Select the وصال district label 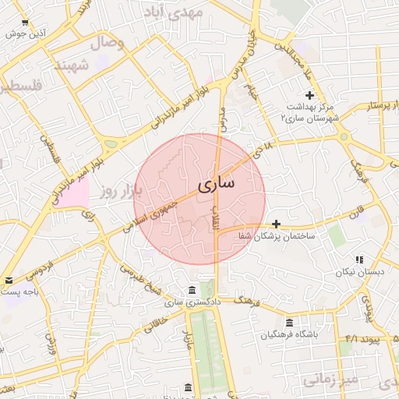point(108,43)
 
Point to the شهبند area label point(69,65)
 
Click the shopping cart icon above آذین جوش point(26,22)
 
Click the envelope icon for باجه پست point(9,280)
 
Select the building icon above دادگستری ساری point(192,291)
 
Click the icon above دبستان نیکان point(358,260)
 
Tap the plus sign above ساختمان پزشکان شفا point(276,224)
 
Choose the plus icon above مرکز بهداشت point(309,94)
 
